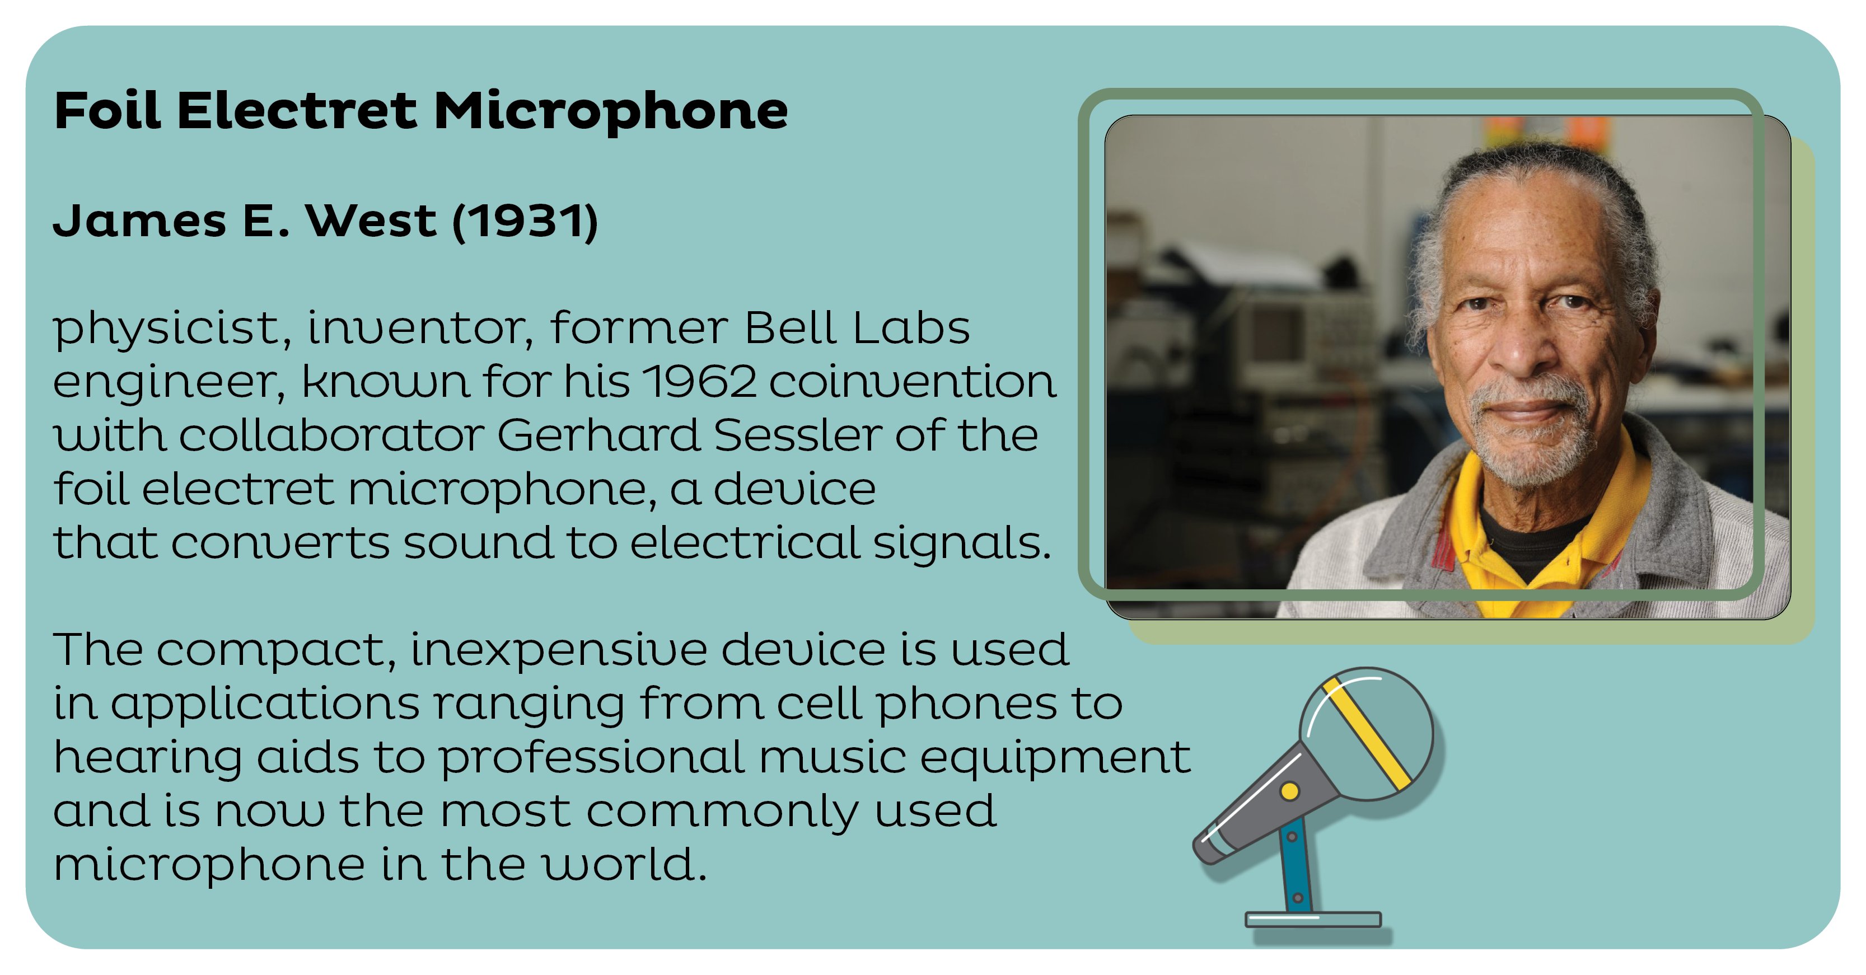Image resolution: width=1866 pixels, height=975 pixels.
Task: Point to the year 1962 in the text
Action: (699, 381)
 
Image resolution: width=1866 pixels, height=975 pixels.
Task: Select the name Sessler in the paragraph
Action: (797, 435)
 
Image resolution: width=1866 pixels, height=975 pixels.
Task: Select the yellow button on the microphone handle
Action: (1290, 791)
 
